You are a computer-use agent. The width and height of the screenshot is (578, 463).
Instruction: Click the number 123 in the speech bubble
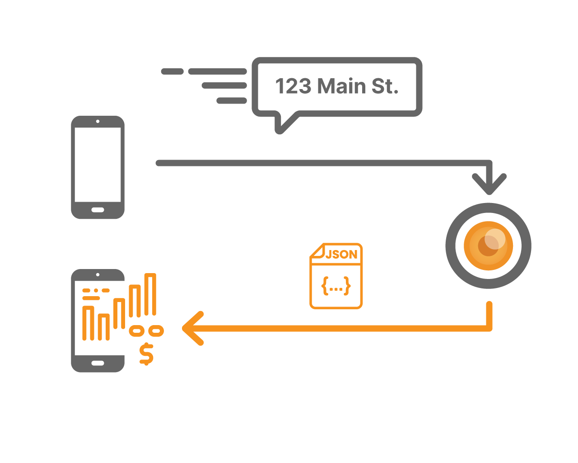coord(293,86)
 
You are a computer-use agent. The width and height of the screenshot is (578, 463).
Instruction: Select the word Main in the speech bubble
coord(341,86)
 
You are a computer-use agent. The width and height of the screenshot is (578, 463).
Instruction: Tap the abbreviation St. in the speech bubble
coord(385,86)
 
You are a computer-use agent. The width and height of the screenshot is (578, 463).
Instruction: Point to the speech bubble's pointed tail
coord(281,128)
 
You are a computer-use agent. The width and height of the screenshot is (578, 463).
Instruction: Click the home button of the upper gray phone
coord(98,210)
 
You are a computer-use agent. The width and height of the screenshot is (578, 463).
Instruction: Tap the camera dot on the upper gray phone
coord(98,121)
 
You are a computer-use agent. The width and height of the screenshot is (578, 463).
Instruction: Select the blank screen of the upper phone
coord(98,165)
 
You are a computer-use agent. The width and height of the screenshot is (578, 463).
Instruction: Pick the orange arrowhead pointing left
coord(192,328)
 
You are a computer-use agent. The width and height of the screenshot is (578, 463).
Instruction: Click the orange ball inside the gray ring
coord(488,246)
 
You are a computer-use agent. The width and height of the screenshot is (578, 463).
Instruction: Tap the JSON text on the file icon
coord(341,255)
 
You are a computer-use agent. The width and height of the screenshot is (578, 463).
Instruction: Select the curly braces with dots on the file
coord(336,286)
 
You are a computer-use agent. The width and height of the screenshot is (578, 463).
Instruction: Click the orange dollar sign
coord(146,354)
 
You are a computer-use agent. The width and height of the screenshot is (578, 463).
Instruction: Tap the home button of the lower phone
coord(98,363)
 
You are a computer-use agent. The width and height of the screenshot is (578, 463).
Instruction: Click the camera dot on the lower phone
coord(98,274)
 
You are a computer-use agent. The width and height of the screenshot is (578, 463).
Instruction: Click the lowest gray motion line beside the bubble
coord(231,100)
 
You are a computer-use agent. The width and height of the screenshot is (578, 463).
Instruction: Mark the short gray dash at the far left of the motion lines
coord(172,71)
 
